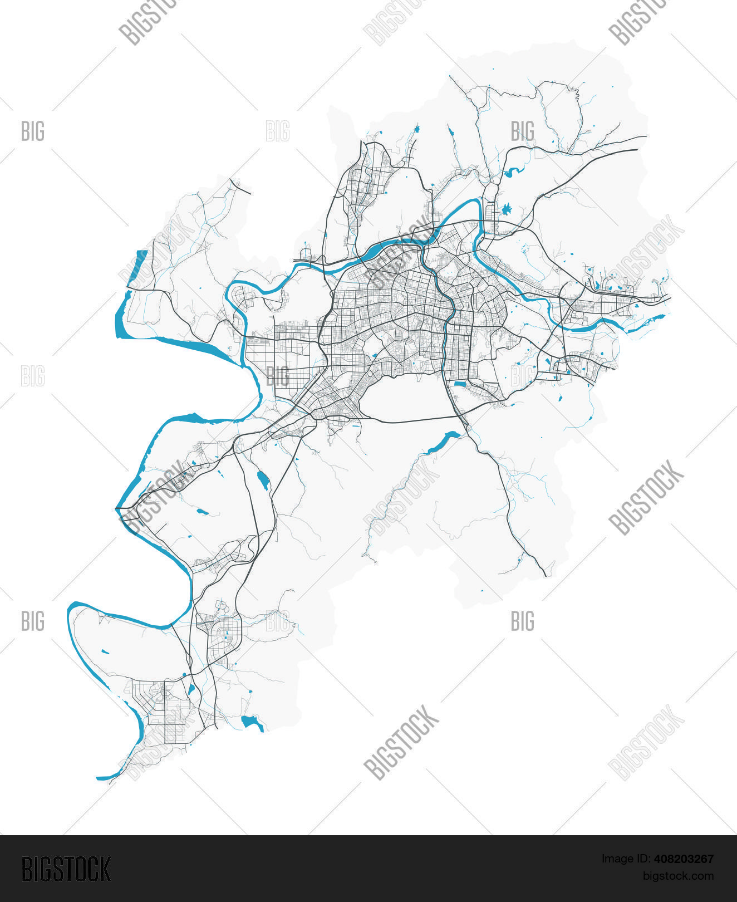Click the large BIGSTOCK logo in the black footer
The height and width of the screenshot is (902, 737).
click(x=66, y=869)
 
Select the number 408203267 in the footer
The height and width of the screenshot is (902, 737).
click(x=686, y=859)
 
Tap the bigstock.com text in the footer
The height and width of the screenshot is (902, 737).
click(x=678, y=876)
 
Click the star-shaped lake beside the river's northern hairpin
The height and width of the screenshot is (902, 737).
click(x=506, y=210)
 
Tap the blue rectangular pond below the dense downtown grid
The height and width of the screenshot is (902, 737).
click(x=460, y=384)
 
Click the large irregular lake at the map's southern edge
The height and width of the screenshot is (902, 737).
click(x=252, y=722)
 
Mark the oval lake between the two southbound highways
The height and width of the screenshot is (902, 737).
click(x=262, y=480)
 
